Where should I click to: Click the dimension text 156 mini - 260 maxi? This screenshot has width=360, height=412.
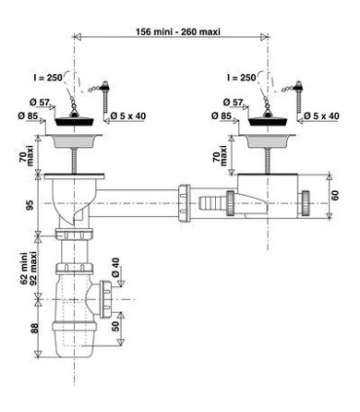click(178, 31)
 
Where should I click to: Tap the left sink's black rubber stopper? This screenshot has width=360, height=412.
click(75, 121)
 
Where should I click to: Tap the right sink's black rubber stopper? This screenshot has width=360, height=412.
click(268, 121)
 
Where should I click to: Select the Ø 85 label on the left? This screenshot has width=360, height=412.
click(28, 116)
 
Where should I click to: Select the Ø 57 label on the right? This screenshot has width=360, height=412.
click(233, 102)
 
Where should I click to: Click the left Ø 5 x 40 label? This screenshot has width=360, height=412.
click(128, 116)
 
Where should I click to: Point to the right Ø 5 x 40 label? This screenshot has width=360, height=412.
click(322, 116)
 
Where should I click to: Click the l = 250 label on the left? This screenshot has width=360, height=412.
click(48, 78)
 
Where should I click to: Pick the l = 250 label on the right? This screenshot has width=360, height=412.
click(241, 78)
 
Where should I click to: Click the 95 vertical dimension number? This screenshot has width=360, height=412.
click(29, 204)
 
